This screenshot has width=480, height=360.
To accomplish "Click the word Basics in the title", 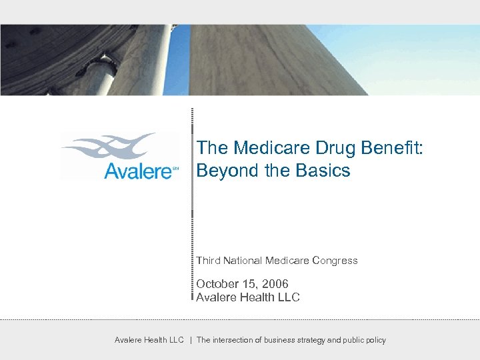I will (x=325, y=171).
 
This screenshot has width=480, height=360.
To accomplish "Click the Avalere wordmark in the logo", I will (x=138, y=172).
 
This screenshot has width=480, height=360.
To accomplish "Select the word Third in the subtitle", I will (x=208, y=261).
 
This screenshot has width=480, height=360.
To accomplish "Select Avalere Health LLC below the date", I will (x=247, y=297).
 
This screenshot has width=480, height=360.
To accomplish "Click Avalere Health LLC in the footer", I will (x=149, y=340).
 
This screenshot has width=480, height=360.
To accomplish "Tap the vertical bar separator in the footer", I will (x=191, y=340).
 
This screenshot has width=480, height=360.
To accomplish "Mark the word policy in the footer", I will (x=373, y=340).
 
